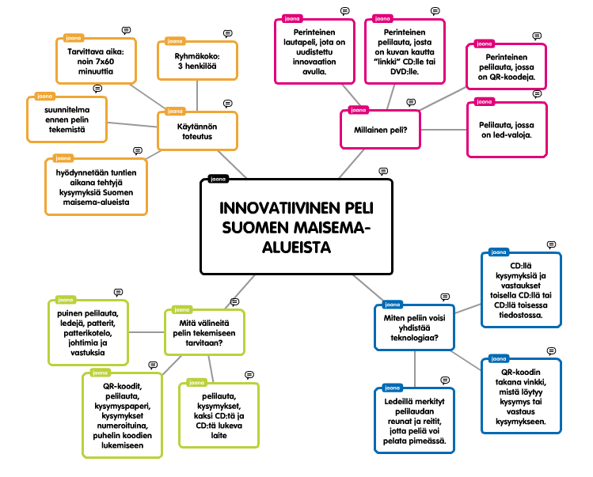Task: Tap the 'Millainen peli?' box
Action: click(x=380, y=130)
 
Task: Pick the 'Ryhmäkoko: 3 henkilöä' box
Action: click(x=197, y=62)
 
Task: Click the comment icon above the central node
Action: click(x=383, y=171)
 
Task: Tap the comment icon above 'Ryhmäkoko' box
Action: click(x=228, y=33)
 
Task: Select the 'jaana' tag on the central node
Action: click(x=217, y=180)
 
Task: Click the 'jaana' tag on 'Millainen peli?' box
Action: click(x=358, y=110)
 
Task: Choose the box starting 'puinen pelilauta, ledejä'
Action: click(x=87, y=332)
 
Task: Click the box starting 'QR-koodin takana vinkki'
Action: click(x=521, y=396)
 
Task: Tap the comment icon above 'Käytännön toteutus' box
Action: click(x=228, y=103)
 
